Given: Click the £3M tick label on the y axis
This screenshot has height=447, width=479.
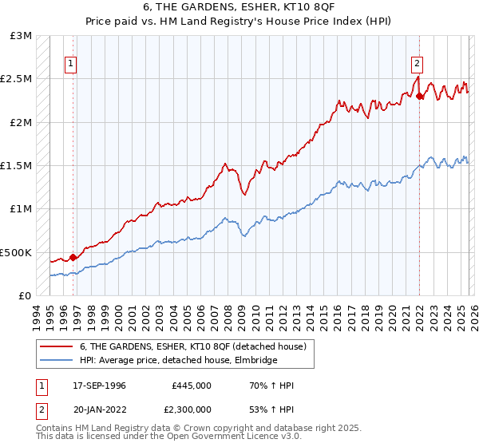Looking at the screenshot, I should (21, 36).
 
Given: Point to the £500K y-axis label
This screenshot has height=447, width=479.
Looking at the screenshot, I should (16, 252).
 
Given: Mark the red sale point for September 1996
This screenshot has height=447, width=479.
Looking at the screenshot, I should (73, 257).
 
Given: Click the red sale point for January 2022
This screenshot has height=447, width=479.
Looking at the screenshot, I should (420, 97).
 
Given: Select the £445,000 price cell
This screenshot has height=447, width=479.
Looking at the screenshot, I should (192, 386).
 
